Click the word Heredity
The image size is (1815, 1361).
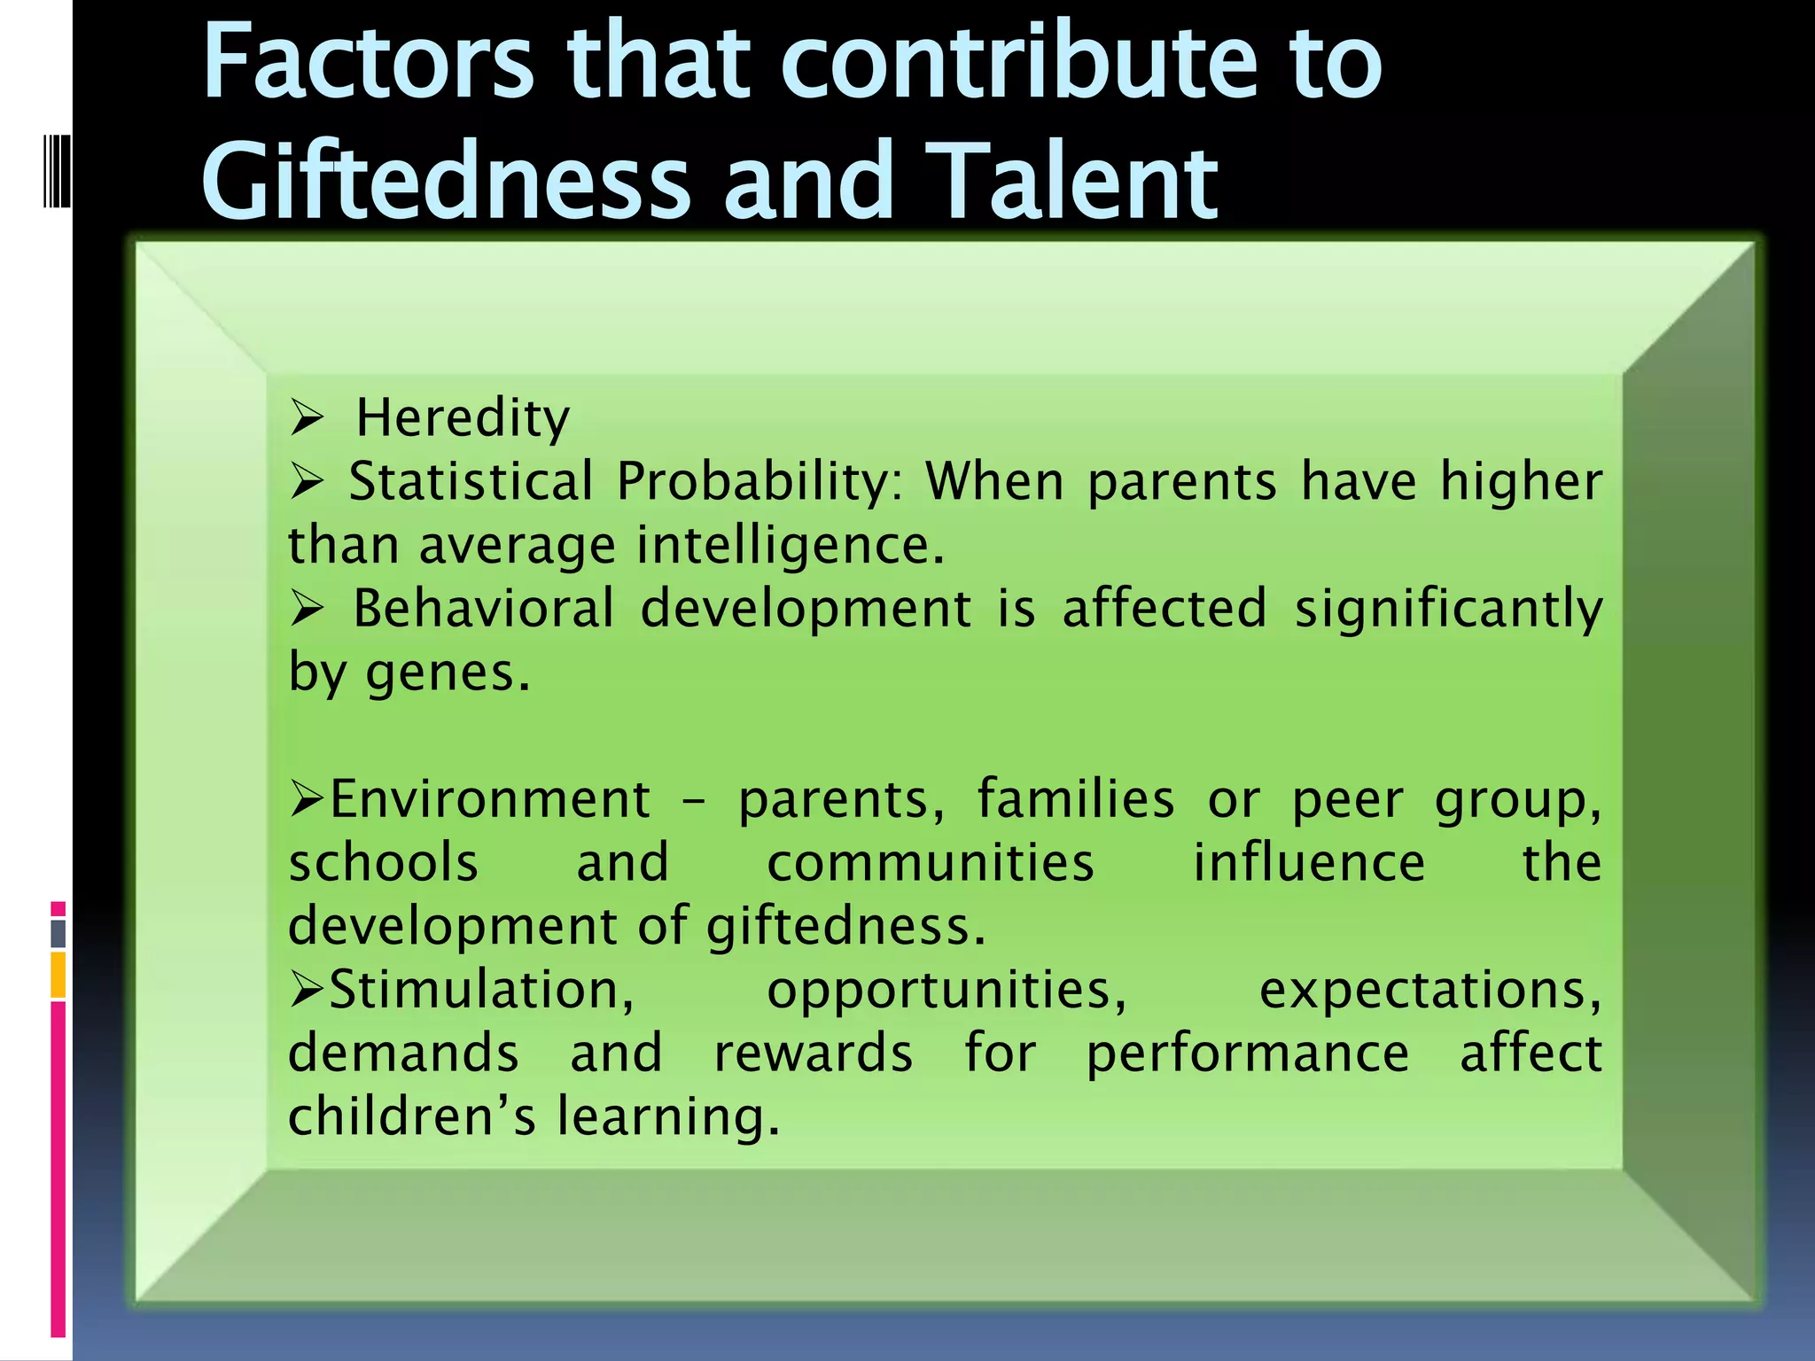(463, 418)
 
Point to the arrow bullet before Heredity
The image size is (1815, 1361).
(308, 417)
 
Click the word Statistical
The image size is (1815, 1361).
(471, 482)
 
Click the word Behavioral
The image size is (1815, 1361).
(483, 610)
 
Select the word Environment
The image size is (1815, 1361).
(490, 800)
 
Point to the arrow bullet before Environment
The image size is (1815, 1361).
(307, 800)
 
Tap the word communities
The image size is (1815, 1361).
(930, 863)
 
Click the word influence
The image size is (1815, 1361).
(1309, 863)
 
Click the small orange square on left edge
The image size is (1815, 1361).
(58, 975)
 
